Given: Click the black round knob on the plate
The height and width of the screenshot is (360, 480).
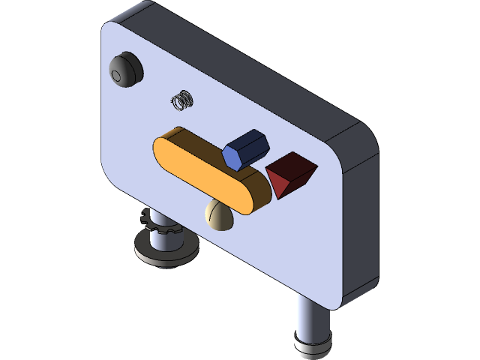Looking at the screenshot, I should tap(126, 70).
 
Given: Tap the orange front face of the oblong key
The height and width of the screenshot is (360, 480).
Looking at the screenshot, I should tap(199, 172).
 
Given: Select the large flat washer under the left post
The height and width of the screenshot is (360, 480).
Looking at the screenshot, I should tap(166, 250).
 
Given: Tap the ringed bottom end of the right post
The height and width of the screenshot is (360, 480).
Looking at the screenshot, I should tap(312, 346).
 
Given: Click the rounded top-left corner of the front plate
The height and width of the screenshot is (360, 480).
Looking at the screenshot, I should tap(109, 30).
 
